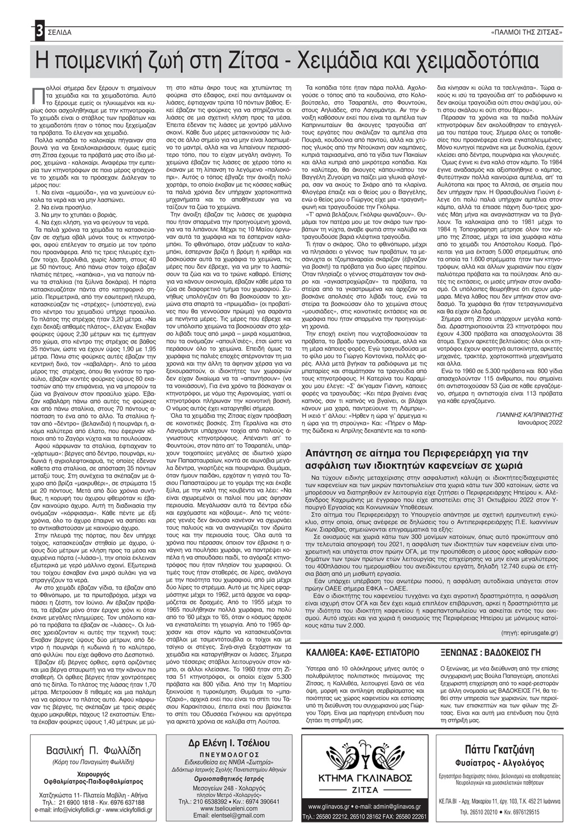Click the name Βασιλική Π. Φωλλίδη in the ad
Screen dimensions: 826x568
point(94,750)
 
